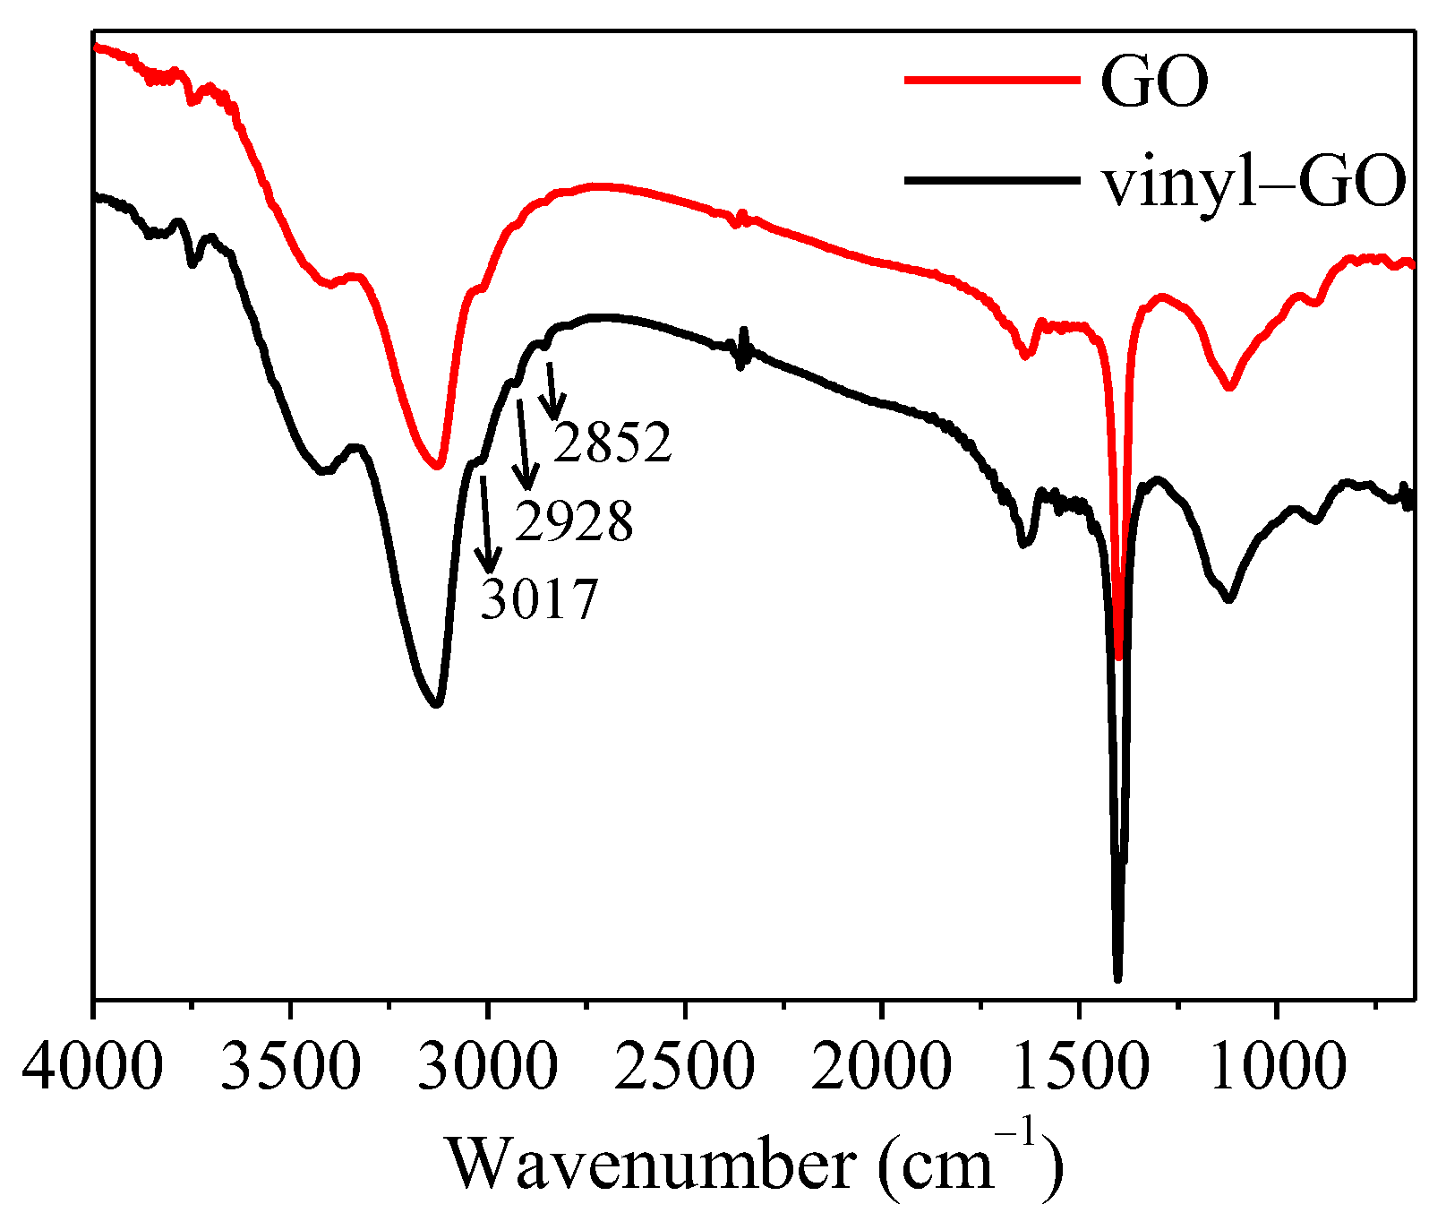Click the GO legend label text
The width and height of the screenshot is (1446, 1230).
tap(1154, 81)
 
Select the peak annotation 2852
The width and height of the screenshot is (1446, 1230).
tap(612, 443)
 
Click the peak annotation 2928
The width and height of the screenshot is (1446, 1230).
tap(574, 521)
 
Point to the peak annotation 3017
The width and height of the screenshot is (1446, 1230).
tap(538, 599)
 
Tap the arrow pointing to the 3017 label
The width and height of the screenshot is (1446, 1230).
tap(486, 524)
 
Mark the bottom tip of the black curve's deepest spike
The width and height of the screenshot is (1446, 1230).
tap(1117, 979)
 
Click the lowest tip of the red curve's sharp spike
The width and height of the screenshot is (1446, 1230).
tap(1118, 658)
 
